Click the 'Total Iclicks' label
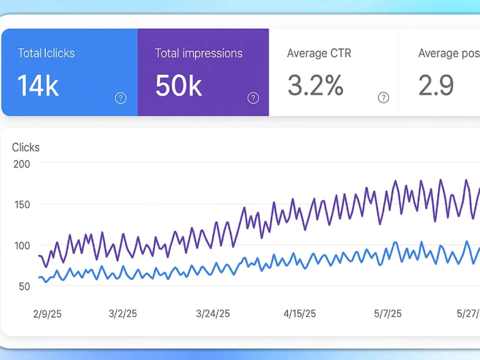click(46, 53)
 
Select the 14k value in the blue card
click(38, 86)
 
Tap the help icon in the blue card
click(120, 98)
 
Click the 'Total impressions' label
click(199, 54)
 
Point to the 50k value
click(179, 86)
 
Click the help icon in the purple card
click(253, 98)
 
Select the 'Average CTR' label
click(319, 53)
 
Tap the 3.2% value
click(315, 85)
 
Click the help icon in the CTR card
click(384, 97)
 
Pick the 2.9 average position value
click(436, 85)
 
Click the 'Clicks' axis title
click(26, 147)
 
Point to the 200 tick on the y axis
click(22, 164)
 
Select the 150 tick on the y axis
click(22, 205)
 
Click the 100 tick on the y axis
click(22, 245)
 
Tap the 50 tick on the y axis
click(24, 287)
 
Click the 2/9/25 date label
click(47, 314)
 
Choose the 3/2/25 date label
click(123, 314)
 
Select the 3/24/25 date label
click(213, 314)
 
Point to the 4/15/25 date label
click(300, 314)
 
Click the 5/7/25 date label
click(387, 314)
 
